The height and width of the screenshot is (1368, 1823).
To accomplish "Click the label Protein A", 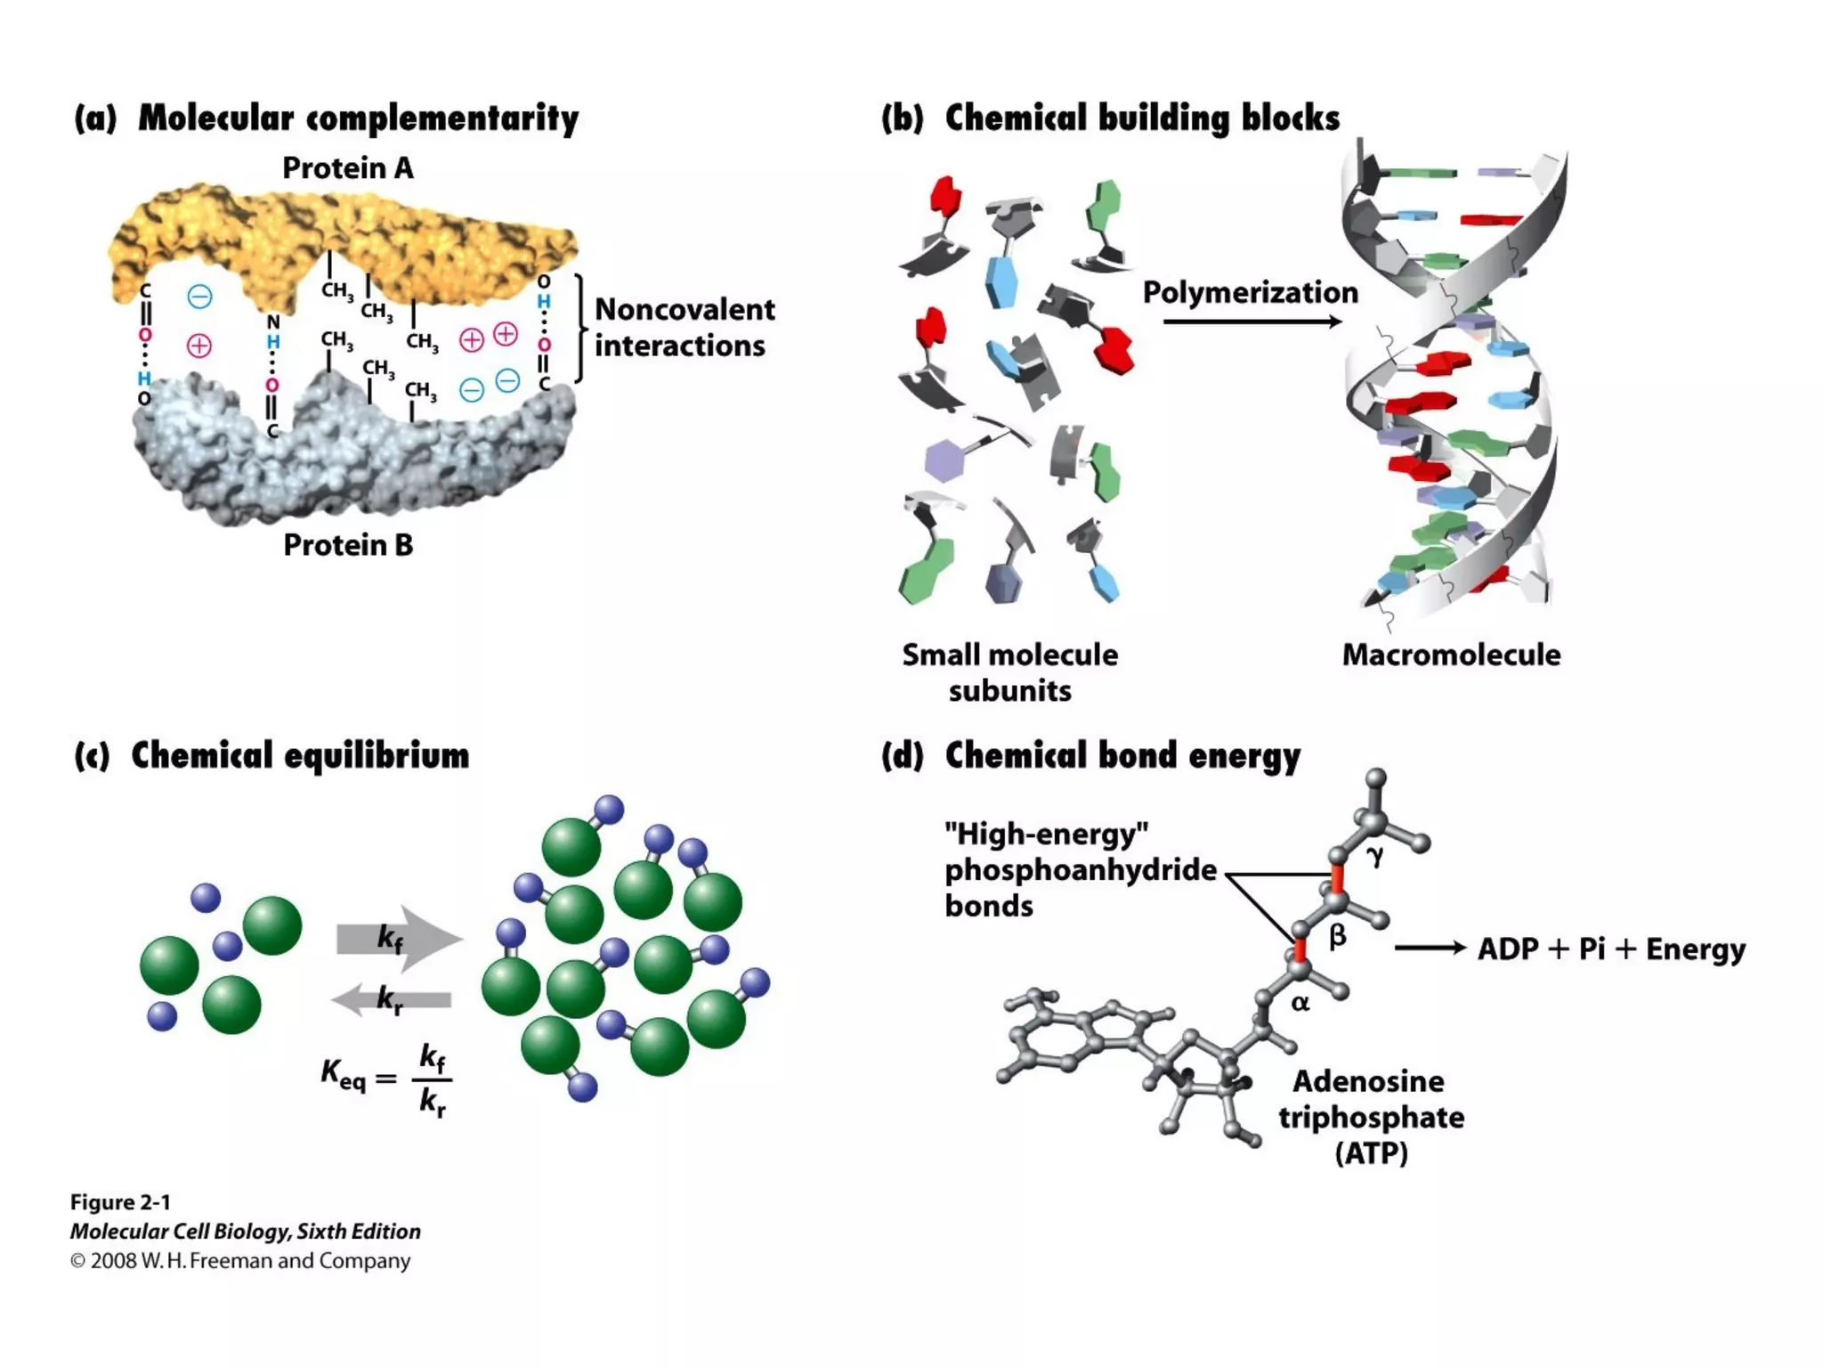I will tap(347, 168).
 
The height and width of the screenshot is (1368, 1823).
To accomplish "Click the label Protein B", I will tap(347, 545).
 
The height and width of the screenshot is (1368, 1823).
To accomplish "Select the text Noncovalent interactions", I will tap(684, 328).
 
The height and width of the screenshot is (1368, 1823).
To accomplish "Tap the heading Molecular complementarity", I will tap(358, 118).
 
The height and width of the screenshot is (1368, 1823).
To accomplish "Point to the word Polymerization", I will tap(1250, 292).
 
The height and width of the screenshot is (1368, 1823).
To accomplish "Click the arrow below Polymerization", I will tap(1251, 322).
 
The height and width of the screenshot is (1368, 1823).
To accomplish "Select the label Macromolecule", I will tap(1451, 655).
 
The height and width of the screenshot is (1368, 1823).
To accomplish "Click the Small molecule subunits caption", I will tap(1009, 672).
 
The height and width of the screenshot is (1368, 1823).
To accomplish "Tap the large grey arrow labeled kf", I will tap(399, 938).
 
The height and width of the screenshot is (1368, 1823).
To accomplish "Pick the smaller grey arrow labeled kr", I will tap(392, 999).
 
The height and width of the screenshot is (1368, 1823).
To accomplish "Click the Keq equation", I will tap(387, 1079).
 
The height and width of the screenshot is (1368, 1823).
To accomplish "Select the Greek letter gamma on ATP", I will tap(1375, 855).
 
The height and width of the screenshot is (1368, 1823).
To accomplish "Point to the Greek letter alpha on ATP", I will tap(1300, 1003).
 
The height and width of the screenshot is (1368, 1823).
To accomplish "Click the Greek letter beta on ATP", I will tap(1337, 936).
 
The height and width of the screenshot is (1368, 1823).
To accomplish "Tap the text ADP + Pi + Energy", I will tap(1611, 949).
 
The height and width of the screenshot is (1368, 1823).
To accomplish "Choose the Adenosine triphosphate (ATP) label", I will tap(1371, 1117).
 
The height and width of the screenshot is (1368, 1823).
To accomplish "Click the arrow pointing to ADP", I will tap(1430, 949).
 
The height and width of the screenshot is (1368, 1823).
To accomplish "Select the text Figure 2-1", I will tap(120, 1202).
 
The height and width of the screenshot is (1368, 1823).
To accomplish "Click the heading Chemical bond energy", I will tap(1122, 755).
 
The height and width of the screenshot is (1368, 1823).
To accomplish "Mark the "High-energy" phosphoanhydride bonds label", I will tap(1079, 869).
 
